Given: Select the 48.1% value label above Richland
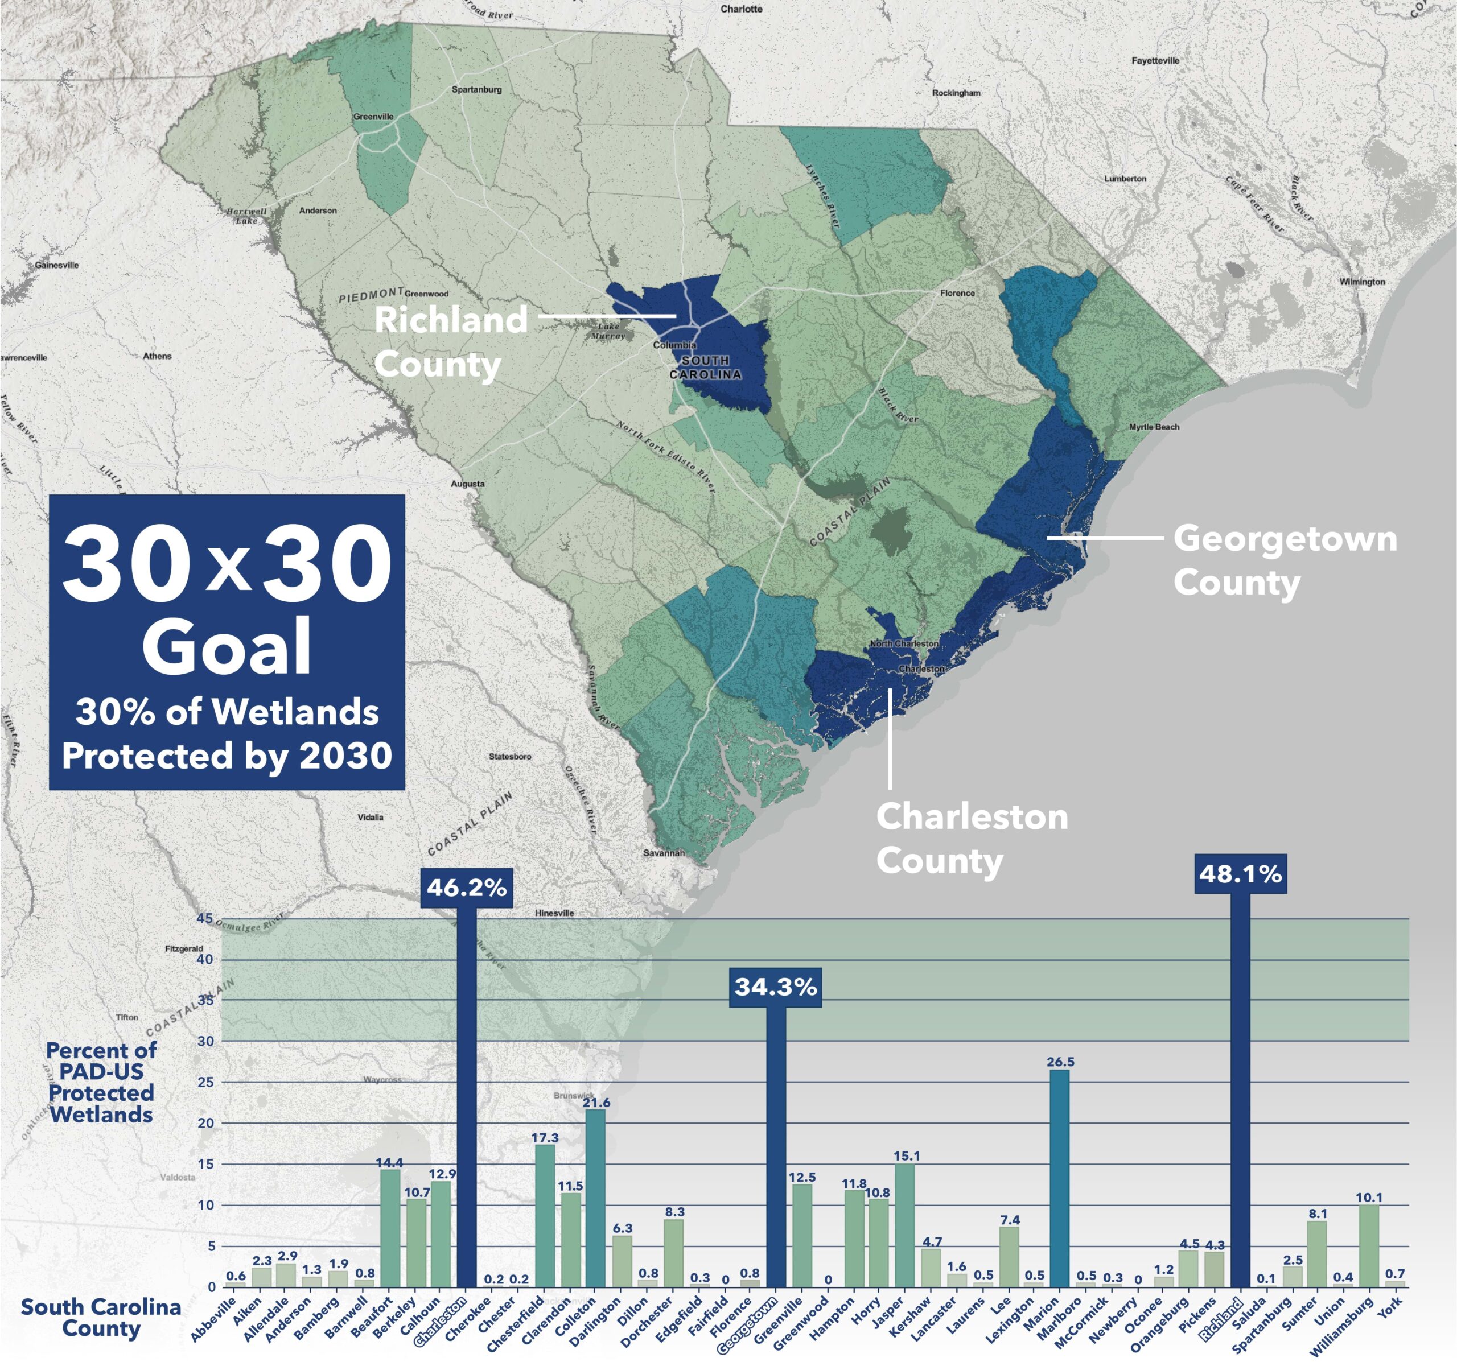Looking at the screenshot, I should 1240,874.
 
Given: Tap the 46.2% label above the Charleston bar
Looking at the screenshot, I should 464,888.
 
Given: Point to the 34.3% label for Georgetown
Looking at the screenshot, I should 775,987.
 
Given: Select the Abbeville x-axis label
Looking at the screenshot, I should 214,1319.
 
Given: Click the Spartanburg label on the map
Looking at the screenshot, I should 476,89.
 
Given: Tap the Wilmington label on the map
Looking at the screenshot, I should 1363,282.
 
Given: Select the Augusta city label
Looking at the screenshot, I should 468,484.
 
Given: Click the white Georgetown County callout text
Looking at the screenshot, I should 1284,560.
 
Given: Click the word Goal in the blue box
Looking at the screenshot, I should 227,647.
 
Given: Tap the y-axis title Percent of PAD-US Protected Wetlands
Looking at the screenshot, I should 101,1082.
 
